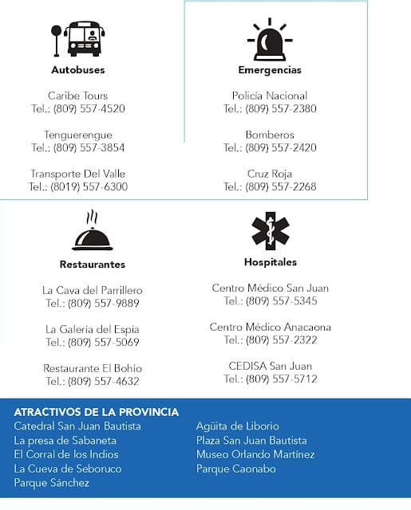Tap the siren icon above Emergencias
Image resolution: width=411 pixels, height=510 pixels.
269,41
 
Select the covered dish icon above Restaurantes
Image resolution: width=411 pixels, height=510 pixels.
93,233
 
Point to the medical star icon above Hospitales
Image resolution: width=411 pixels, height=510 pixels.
270,231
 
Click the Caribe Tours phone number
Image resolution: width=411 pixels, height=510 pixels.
78,109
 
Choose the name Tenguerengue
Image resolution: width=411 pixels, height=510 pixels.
78,135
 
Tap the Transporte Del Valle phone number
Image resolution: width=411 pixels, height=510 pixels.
78,186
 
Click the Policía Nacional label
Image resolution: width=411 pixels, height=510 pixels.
270,96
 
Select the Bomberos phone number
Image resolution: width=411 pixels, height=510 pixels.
270,147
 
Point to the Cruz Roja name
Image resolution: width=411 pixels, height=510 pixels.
270,174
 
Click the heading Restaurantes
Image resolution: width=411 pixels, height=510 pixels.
93,264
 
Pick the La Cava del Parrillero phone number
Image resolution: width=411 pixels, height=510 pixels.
93,304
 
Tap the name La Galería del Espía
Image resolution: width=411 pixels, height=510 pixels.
93,329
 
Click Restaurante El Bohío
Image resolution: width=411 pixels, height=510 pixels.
93,368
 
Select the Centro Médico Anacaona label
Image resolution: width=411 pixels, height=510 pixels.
271,327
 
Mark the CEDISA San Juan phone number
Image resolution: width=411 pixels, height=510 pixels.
271,379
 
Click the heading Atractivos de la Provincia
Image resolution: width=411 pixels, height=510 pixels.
97,412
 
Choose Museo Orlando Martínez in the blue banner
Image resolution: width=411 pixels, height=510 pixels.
255,454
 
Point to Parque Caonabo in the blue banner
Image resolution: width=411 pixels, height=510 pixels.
236,469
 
